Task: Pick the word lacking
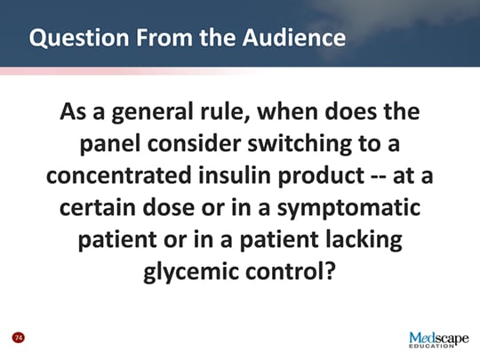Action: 353,238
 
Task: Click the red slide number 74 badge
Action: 17,338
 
